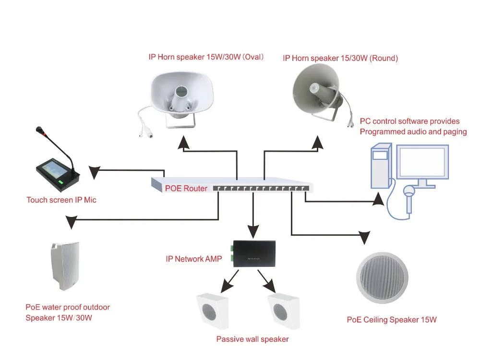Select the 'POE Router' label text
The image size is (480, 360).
(186, 189)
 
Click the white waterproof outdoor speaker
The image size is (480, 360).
(63, 266)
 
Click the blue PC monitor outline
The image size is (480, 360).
(425, 163)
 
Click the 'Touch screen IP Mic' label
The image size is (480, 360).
(61, 200)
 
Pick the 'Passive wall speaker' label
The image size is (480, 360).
(252, 339)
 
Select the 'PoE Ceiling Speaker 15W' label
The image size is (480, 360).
(392, 320)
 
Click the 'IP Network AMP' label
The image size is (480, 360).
(193, 259)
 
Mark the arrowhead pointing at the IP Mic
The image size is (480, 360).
(93, 171)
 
